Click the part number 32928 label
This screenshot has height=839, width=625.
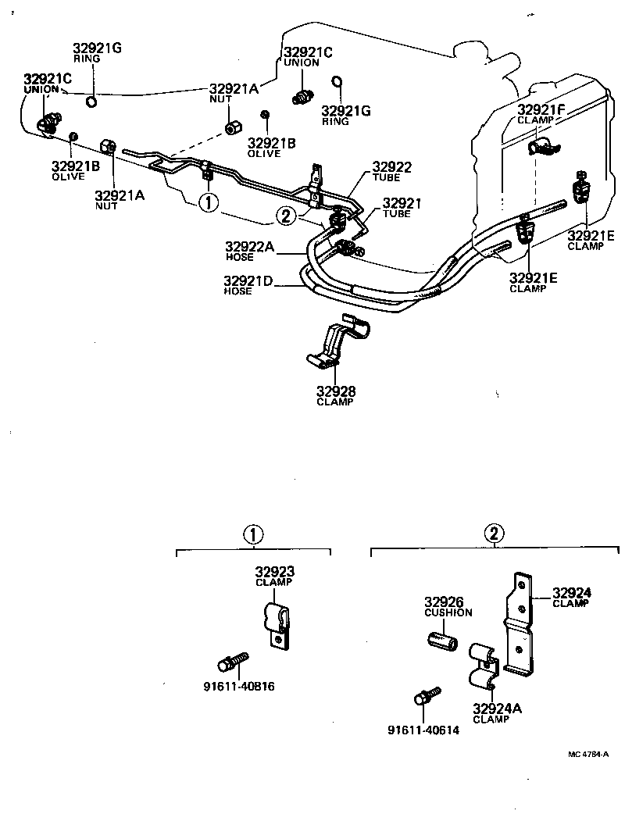coord(334,391)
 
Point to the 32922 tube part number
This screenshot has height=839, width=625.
coord(391,166)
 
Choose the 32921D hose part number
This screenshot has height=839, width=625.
coord(248,281)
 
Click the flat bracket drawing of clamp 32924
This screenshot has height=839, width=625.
coord(520,625)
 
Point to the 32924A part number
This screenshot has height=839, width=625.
coord(495,709)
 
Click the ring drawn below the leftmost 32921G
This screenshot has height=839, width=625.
coord(91,100)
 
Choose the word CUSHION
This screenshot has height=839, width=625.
coord(448,612)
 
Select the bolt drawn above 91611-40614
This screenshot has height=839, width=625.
coord(427,697)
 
